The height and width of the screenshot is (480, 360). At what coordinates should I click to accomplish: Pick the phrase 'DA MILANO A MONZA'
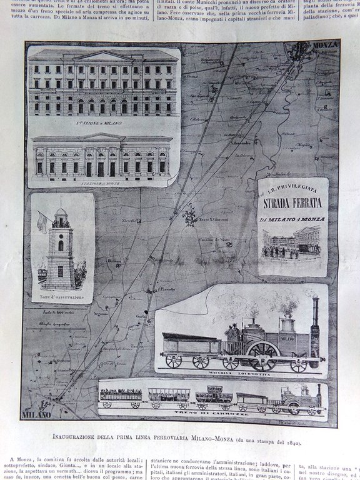292,221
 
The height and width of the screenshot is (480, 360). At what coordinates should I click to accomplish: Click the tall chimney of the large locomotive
315,314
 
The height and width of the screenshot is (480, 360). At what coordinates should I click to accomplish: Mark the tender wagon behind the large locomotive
191,347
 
